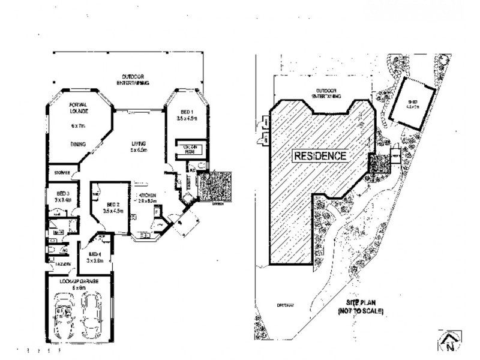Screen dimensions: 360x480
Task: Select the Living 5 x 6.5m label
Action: [140, 146]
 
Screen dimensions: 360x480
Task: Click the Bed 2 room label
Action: [112, 207]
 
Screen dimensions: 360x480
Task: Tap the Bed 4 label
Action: [97, 257]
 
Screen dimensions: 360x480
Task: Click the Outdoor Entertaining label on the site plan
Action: [325, 94]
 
